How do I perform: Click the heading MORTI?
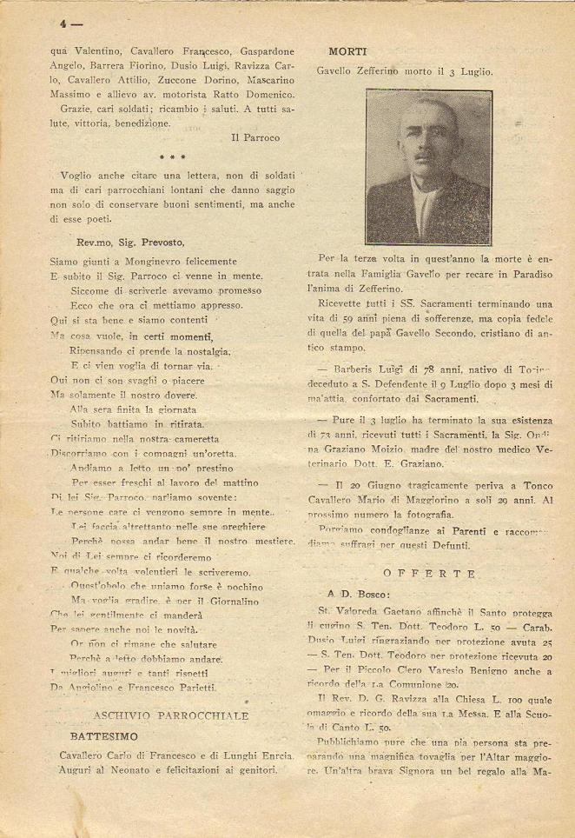(349, 52)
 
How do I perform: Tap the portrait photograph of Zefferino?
(429, 165)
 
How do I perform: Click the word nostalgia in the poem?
(202, 351)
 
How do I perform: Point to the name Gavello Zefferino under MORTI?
(356, 71)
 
